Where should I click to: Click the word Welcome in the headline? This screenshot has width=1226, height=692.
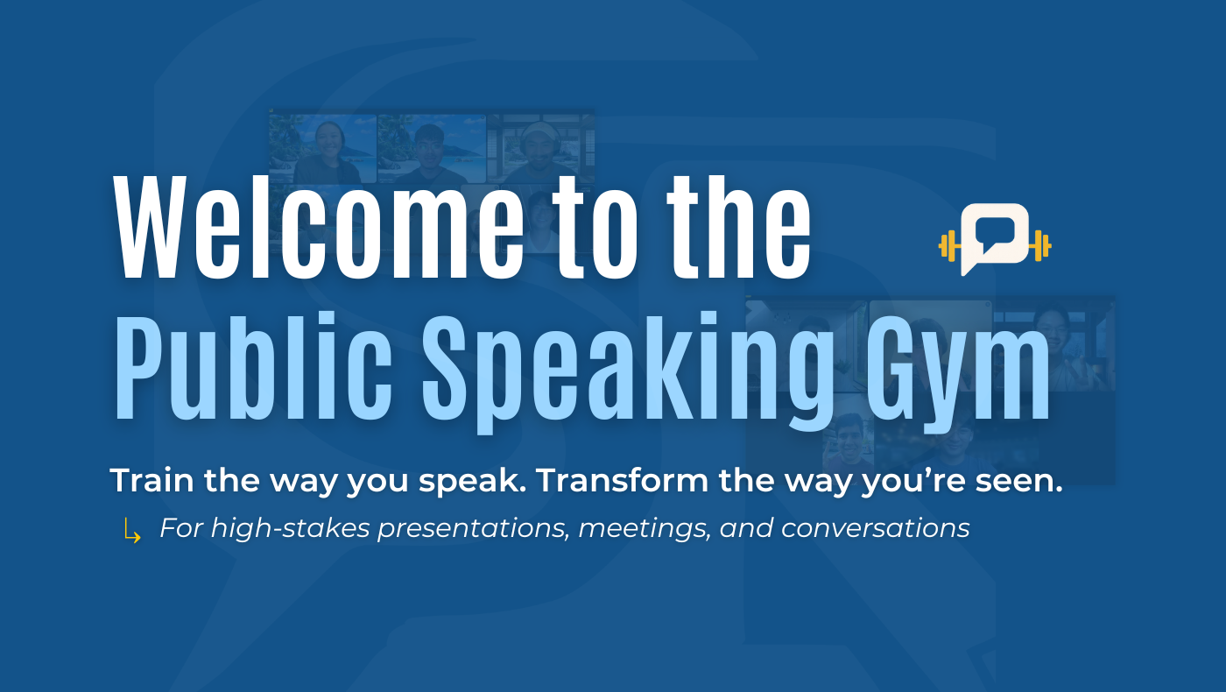pyautogui.click(x=318, y=228)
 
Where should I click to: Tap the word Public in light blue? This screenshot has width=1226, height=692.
pyautogui.click(x=252, y=366)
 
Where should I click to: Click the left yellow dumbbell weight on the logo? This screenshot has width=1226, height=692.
pyautogui.click(x=949, y=246)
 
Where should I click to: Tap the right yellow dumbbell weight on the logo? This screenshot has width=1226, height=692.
pyautogui.click(x=1040, y=246)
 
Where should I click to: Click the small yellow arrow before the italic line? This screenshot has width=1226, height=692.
pyautogui.click(x=132, y=530)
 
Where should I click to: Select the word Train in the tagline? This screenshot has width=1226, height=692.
pyautogui.click(x=151, y=480)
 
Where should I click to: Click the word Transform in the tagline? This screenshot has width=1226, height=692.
pyautogui.click(x=623, y=480)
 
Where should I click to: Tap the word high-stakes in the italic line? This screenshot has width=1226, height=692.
pyautogui.click(x=291, y=529)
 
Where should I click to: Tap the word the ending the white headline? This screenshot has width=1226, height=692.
pyautogui.click(x=739, y=228)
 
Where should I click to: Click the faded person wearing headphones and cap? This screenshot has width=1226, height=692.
pyautogui.click(x=539, y=148)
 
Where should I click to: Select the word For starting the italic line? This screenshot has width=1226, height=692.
pyautogui.click(x=181, y=528)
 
